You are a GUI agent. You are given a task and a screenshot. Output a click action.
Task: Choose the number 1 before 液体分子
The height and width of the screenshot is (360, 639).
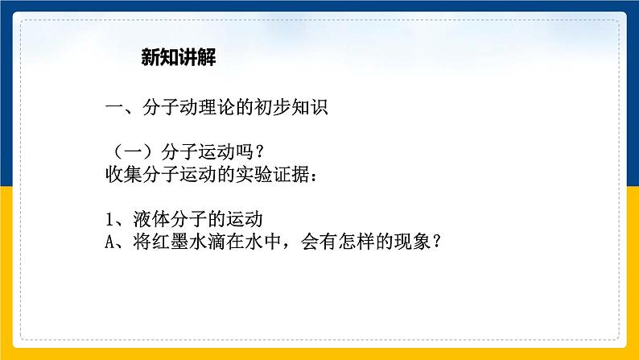[x=110, y=221]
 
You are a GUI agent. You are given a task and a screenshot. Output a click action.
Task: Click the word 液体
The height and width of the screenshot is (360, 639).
[x=150, y=221]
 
